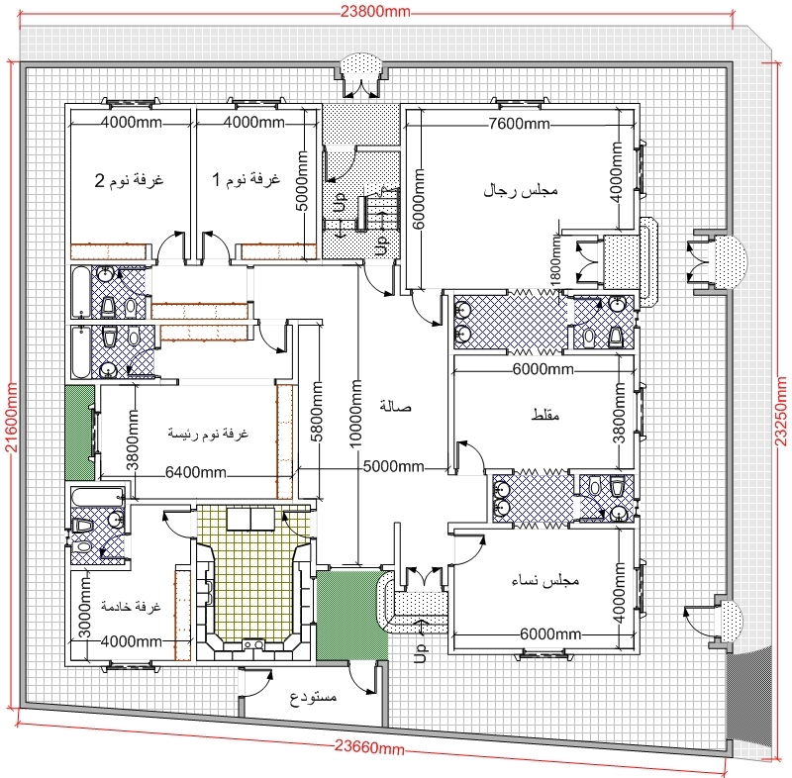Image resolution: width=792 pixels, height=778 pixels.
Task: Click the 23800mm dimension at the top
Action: [375, 11]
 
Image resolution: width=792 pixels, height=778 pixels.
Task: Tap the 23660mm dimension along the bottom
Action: [369, 746]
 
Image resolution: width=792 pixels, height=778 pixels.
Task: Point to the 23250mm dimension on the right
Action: [781, 411]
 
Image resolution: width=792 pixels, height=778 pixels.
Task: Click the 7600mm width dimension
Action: [519, 124]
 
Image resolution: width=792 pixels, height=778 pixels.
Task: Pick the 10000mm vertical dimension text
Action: [356, 414]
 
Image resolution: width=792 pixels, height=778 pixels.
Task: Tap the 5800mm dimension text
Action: [317, 412]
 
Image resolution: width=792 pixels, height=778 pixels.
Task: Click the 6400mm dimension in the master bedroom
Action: [195, 472]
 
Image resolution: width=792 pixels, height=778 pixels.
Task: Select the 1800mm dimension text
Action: [555, 261]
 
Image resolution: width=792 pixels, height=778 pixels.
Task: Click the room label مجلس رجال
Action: [521, 191]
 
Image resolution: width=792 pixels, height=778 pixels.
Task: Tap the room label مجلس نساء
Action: [545, 581]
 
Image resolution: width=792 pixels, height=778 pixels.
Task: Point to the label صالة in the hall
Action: [395, 407]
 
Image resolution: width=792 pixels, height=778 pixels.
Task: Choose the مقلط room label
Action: [545, 415]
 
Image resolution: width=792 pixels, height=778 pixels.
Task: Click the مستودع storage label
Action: [313, 698]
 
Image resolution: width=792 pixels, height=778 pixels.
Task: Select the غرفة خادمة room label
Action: [131, 607]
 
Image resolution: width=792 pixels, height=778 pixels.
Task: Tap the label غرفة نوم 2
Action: [129, 180]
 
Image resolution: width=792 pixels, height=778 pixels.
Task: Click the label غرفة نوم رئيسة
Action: [208, 434]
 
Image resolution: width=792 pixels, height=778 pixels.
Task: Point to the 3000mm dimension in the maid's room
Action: [85, 609]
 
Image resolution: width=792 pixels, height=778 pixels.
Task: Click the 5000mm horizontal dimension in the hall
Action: [393, 466]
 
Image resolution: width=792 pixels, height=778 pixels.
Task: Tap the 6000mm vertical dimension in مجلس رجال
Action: [419, 199]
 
